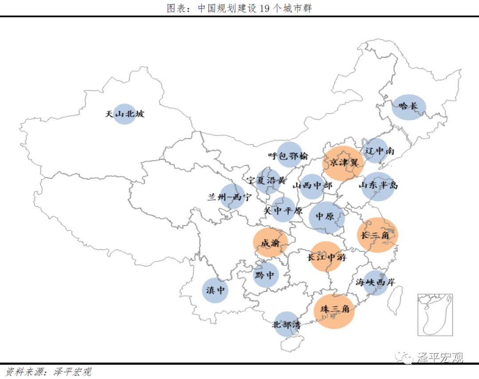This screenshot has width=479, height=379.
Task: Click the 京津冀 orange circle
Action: (x=342, y=163)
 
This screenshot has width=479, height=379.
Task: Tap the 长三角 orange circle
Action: (x=377, y=235)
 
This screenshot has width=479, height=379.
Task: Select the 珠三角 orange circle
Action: (x=334, y=311)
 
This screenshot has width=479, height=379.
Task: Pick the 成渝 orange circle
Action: (x=271, y=243)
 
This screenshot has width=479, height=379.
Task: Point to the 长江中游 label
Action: (x=327, y=257)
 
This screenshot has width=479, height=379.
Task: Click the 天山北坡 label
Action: (x=125, y=114)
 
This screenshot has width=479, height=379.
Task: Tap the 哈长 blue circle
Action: (x=408, y=107)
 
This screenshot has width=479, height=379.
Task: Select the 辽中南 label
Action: (x=379, y=151)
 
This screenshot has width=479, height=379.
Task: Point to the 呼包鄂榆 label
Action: (x=288, y=156)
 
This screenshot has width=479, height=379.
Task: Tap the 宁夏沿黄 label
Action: (x=267, y=181)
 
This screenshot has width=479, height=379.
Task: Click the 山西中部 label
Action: (x=312, y=186)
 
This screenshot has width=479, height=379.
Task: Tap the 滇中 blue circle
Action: (x=215, y=291)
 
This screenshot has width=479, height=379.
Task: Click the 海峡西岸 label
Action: (x=375, y=282)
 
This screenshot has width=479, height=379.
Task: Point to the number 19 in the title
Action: (x=265, y=8)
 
